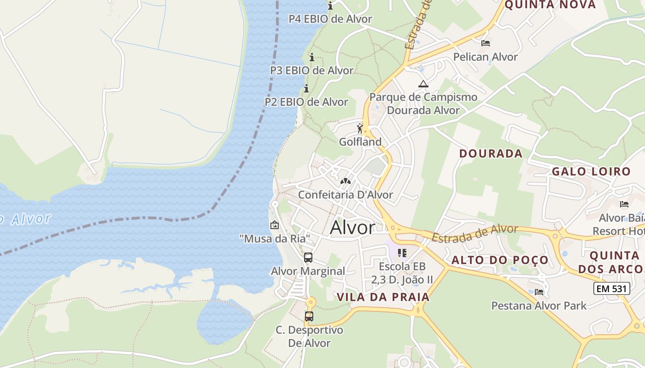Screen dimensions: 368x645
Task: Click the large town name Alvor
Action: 353,227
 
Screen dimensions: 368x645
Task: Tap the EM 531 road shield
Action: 611,288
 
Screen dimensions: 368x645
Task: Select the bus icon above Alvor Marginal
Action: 308,258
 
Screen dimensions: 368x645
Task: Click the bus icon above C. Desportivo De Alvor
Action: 309,316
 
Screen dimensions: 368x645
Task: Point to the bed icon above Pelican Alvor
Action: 485,43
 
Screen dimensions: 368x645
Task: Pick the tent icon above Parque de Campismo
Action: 423,84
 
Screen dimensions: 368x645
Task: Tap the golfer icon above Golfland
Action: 360,128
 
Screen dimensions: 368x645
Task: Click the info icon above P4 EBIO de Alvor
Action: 330,6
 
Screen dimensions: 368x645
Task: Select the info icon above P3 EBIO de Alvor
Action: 312,57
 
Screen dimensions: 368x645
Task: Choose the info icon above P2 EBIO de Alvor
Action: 306,88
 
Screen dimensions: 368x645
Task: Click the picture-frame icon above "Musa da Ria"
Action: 275,225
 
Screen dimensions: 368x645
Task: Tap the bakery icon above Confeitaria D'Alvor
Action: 345,181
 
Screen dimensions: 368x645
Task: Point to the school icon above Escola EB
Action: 402,253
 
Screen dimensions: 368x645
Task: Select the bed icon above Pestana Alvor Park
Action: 539,292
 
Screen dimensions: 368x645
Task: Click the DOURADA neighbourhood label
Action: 491,154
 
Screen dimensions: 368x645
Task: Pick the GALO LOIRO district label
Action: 591,172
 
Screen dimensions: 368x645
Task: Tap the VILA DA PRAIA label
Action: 383,297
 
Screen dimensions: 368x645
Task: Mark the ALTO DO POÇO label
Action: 500,260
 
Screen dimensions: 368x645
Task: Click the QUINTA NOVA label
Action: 550,5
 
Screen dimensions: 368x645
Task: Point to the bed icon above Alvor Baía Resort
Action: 624,204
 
